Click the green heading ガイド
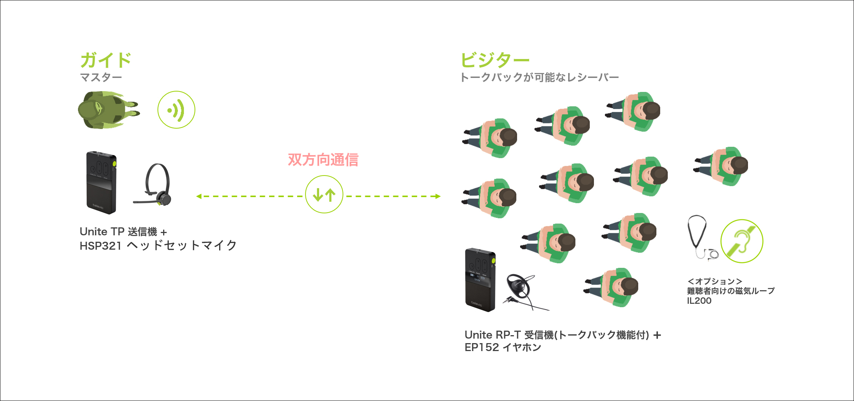[106, 61]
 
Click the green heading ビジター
[494, 61]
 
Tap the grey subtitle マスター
[101, 78]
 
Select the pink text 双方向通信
[323, 160]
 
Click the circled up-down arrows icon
[324, 194]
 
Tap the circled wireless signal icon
[176, 110]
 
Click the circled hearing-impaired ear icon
[742, 241]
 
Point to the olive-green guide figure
[106, 110]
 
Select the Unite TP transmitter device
[101, 182]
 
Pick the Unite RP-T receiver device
[480, 280]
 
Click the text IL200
[699, 301]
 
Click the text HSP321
[100, 246]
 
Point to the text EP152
[482, 348]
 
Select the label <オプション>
[714, 281]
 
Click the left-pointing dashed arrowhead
[199, 196]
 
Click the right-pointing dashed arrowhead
[438, 196]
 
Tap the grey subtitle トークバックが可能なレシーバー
[539, 78]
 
